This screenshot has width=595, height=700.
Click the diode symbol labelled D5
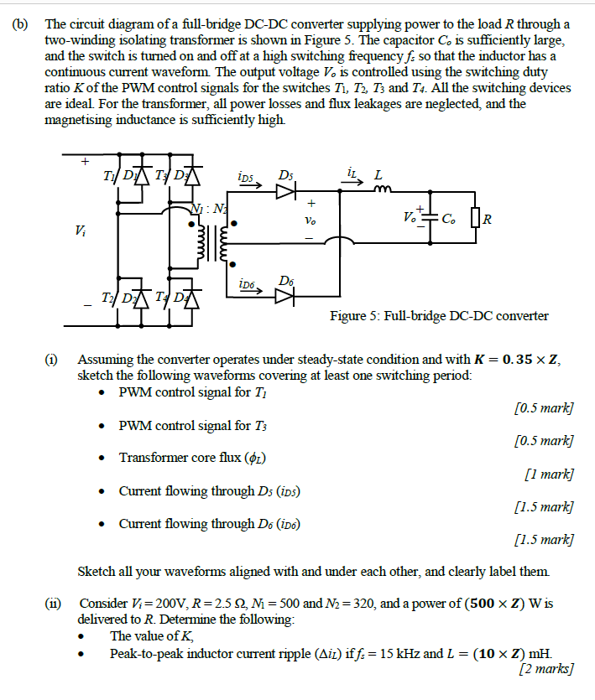286,191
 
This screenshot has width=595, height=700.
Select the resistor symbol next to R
476,220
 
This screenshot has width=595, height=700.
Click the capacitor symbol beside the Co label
431,220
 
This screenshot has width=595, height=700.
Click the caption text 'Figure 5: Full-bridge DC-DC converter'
439,316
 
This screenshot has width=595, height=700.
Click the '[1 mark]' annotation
548,474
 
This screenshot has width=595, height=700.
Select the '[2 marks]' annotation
546,668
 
